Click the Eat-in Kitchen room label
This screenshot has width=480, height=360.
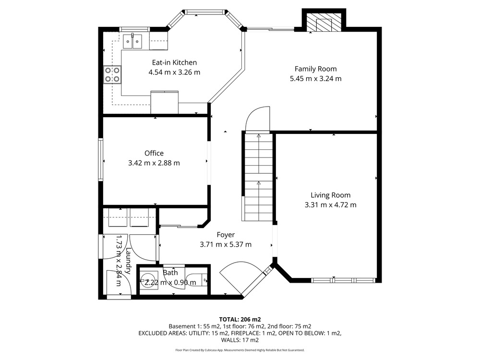[x=174, y=62]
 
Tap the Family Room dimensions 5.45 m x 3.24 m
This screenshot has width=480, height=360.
[x=316, y=79]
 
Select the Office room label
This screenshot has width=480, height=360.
[x=154, y=153]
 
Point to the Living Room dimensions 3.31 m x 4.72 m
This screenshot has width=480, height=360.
[x=330, y=205]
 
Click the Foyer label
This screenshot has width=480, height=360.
[x=226, y=235]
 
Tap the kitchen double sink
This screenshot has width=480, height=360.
[x=132, y=41]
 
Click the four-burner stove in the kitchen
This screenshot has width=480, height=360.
[x=112, y=75]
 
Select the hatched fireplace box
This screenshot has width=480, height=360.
[x=324, y=22]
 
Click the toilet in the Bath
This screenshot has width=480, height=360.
[x=196, y=280]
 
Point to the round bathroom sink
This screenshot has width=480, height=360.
[x=149, y=280]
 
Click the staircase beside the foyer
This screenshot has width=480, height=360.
[x=259, y=177]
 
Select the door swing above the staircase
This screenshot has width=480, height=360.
[x=258, y=119]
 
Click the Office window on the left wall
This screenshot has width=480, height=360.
[x=100, y=160]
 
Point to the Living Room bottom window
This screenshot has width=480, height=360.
[x=344, y=280]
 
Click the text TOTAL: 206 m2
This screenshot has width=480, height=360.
[x=240, y=320]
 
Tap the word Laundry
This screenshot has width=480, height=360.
[x=129, y=261]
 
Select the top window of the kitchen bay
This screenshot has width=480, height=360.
[x=205, y=12]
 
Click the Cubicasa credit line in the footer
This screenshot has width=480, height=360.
[x=240, y=350]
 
